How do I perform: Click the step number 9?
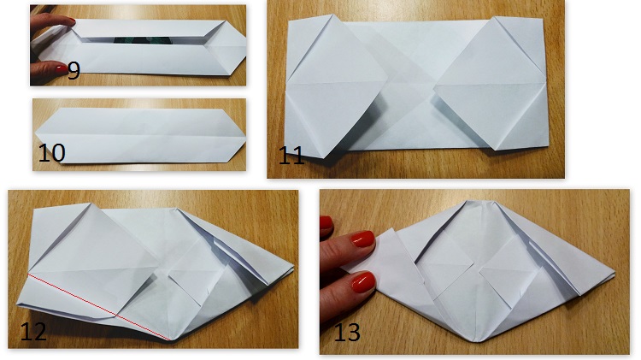(74, 70)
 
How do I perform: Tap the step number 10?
(51, 152)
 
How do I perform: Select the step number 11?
(291, 156)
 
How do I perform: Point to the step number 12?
(33, 332)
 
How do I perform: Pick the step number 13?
(347, 332)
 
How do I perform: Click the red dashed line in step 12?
(98, 306)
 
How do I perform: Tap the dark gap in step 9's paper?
(142, 40)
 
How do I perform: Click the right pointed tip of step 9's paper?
(245, 46)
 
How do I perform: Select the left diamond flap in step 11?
(336, 86)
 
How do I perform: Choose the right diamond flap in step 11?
(490, 84)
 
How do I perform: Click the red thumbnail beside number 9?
(62, 68)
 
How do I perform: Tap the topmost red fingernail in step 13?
(326, 222)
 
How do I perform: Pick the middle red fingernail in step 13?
(362, 239)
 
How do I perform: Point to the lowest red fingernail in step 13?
(363, 282)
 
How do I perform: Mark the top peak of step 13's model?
(479, 202)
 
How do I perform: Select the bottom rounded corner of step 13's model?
(478, 340)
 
